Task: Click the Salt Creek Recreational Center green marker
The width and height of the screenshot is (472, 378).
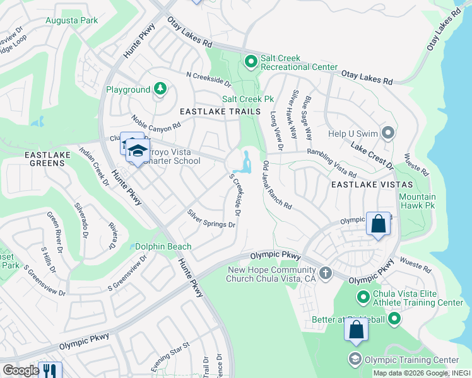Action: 251,61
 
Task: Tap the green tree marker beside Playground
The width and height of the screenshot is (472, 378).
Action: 160,89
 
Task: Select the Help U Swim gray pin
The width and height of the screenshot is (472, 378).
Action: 388,133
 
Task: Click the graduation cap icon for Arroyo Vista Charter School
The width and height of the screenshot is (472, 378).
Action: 137,151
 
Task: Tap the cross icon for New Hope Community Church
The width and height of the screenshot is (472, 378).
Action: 326,273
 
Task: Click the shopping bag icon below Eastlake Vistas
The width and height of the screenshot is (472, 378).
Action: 378,224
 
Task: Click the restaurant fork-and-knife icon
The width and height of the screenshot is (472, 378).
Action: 50,370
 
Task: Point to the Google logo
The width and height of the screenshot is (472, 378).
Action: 20,370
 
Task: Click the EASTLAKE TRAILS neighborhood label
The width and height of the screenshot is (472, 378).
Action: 220,112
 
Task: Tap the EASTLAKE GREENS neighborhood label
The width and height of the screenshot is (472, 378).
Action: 36,159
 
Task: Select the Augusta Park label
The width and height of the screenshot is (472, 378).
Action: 71,20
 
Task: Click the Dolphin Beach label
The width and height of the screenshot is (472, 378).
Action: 163,247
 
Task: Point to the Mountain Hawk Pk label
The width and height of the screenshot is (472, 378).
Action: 418,201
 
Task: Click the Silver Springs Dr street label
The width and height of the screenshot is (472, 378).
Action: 211,219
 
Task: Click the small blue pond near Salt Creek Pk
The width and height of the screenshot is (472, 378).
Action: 244,162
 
